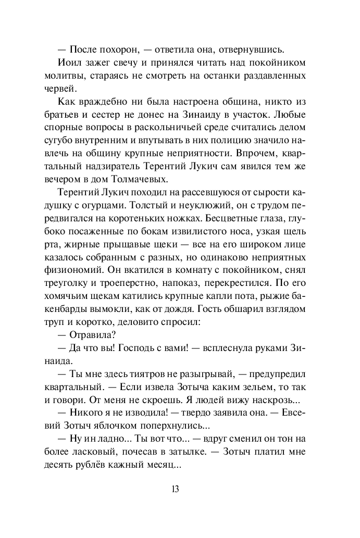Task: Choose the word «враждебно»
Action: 110,102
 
